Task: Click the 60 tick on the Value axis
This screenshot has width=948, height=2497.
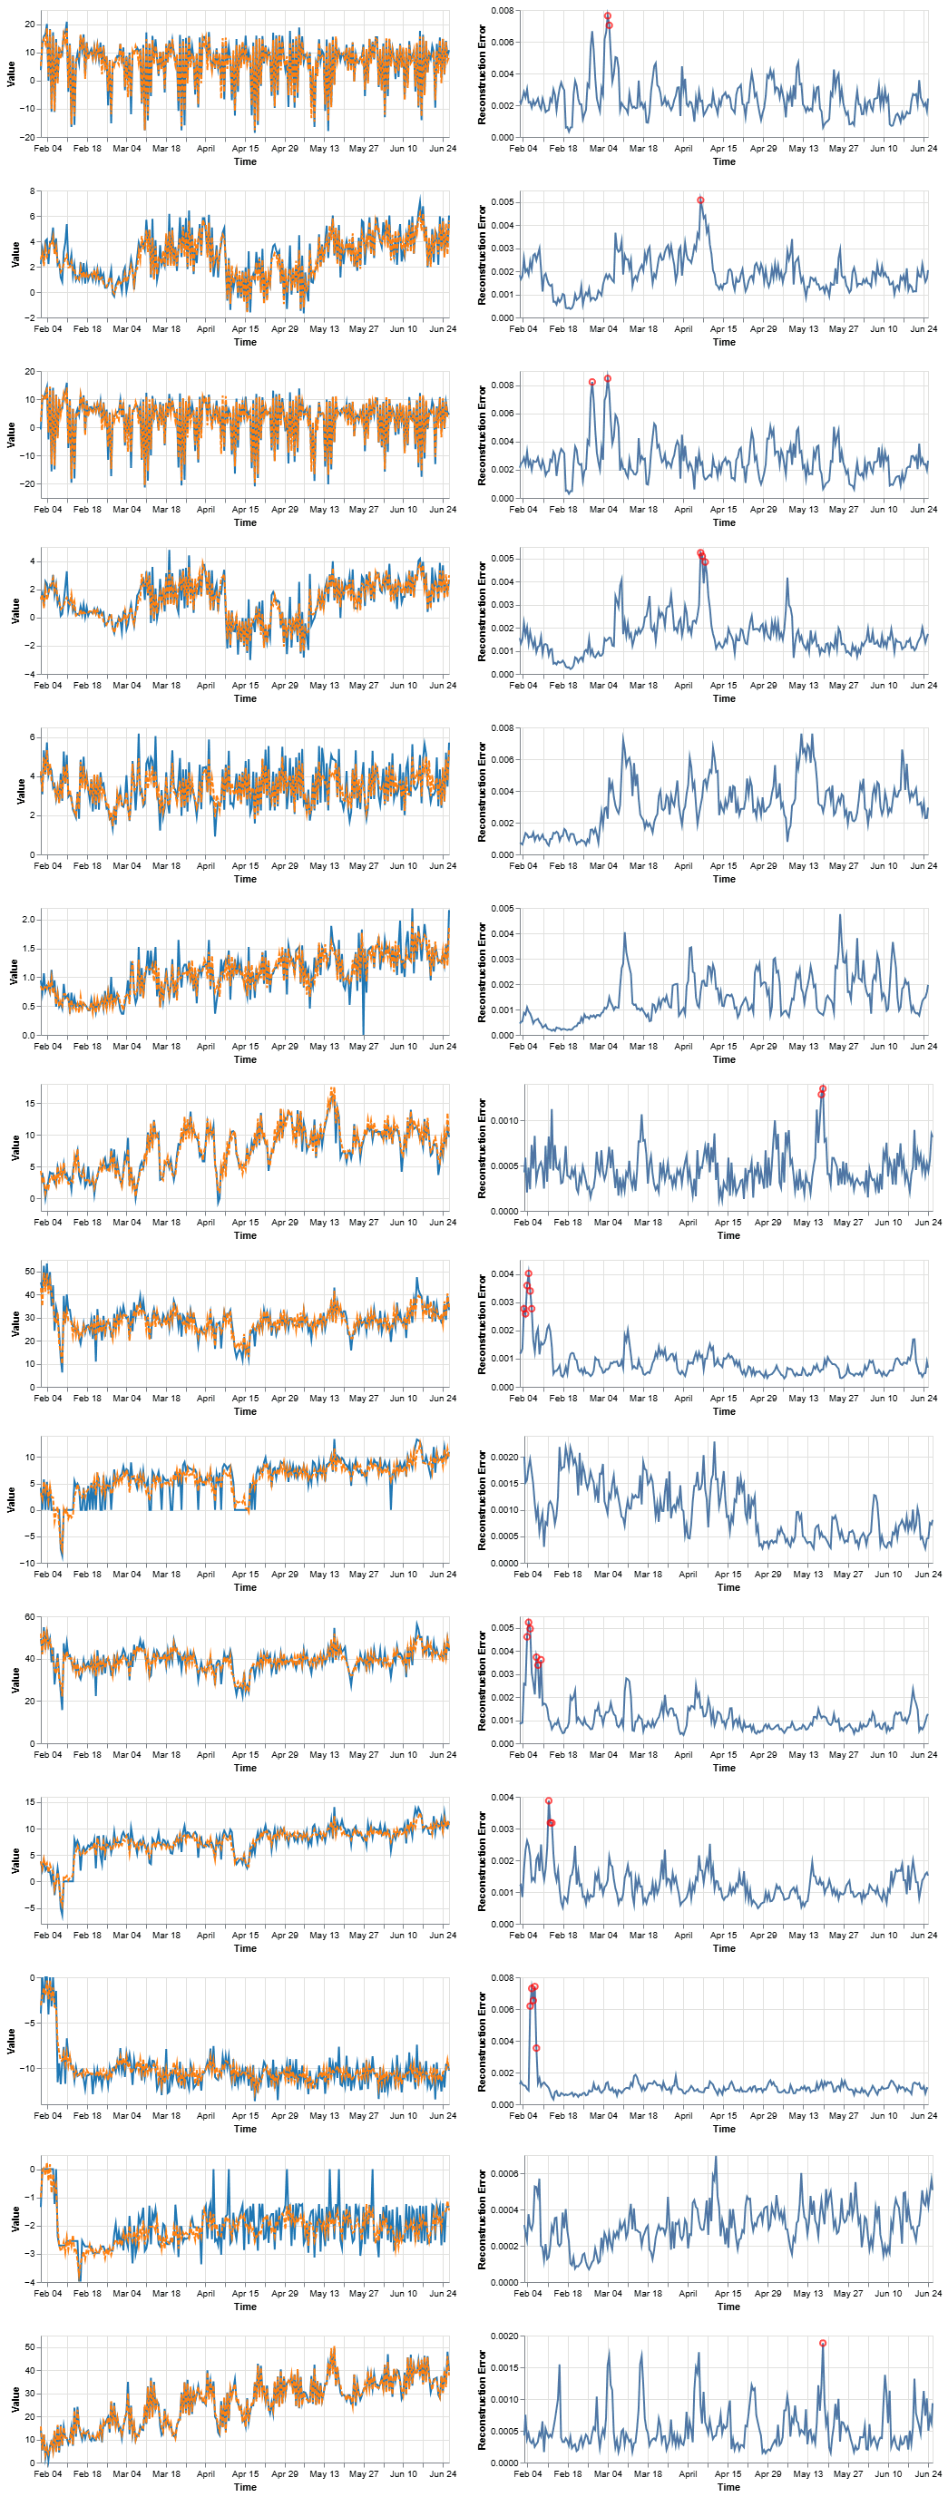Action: [29, 1618]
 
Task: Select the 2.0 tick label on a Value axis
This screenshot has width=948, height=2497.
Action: [29, 919]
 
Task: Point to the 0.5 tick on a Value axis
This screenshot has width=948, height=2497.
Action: [29, 1006]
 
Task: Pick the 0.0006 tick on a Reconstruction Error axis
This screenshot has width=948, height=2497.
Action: [504, 2173]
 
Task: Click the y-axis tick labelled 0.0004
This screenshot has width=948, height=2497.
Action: [504, 2210]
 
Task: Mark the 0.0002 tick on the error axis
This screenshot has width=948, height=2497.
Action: [504, 2246]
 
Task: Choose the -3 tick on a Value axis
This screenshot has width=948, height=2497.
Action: [30, 2254]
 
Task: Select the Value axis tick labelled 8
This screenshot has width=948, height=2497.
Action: [32, 191]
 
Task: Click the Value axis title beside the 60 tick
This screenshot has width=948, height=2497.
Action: [12, 1680]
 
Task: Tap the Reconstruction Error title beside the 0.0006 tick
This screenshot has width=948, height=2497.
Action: [482, 2219]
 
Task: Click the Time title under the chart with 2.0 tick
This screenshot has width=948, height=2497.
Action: [245, 1059]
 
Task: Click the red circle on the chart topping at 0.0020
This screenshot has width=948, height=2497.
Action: [823, 2344]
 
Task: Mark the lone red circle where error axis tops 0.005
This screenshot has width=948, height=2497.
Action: [699, 200]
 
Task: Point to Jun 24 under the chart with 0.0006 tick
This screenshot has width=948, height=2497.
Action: [929, 2294]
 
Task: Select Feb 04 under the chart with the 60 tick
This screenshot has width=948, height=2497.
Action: [47, 1754]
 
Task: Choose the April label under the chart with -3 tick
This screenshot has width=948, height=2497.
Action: [206, 2294]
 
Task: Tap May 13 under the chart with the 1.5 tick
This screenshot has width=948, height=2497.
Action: [324, 1046]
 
